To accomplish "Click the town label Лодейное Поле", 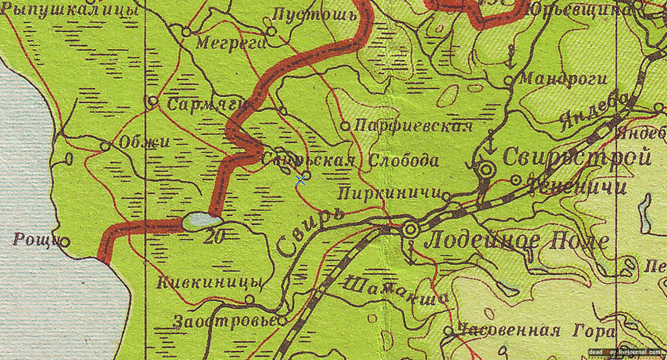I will pos(517,242).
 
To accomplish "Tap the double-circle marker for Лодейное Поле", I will pos(411,230).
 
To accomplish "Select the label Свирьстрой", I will pos(577,158).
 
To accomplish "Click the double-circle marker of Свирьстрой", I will pos(486,170).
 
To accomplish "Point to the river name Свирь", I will pos(310,231).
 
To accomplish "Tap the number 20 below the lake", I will pos(213,238).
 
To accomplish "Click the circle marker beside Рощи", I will pos(64,242).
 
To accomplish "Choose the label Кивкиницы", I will pos(209,283).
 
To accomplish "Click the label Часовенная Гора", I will pos(537,332).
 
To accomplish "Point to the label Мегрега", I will pos(231,43).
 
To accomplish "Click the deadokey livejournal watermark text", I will pos(625,352).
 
